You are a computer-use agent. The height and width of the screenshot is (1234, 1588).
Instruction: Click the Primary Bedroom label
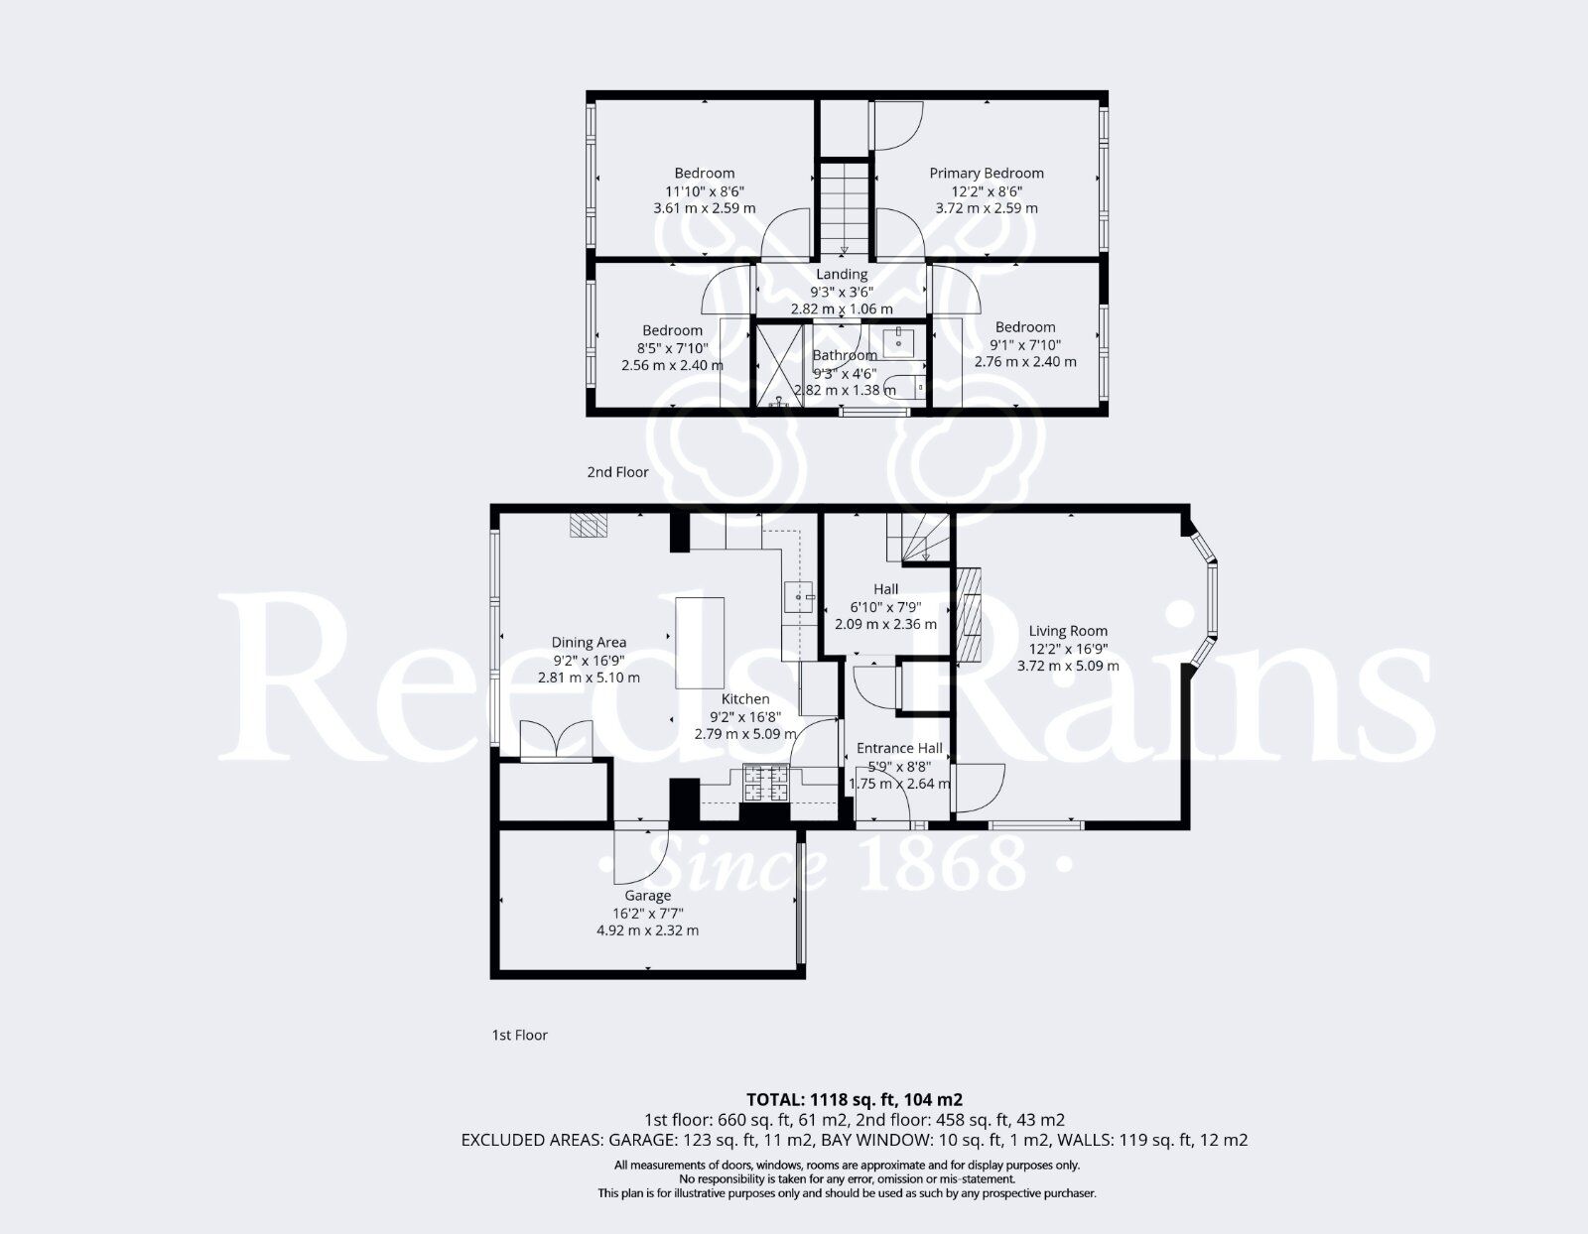(986, 173)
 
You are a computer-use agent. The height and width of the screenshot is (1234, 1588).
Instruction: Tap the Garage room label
(647, 896)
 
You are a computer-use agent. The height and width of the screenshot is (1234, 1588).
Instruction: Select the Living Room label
(1067, 631)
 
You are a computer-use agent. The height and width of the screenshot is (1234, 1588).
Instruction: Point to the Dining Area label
(589, 643)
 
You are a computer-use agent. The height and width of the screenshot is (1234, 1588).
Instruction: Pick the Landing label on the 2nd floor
(842, 274)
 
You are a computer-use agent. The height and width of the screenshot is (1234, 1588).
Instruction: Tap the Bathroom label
(845, 355)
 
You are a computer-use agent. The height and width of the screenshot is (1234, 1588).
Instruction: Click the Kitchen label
(744, 699)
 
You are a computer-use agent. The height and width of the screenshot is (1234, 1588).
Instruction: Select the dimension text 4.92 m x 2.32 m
(647, 930)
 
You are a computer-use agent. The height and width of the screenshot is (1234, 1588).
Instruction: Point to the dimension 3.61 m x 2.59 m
(704, 208)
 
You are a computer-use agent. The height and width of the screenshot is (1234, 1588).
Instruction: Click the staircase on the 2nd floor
(845, 203)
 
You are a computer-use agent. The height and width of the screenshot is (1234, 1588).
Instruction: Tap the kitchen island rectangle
(700, 642)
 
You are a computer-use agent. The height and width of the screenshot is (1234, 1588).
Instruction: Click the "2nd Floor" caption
(617, 472)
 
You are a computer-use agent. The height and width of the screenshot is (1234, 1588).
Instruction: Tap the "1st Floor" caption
(520, 1035)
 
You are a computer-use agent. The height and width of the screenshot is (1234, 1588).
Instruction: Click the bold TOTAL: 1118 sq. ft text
(854, 1099)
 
